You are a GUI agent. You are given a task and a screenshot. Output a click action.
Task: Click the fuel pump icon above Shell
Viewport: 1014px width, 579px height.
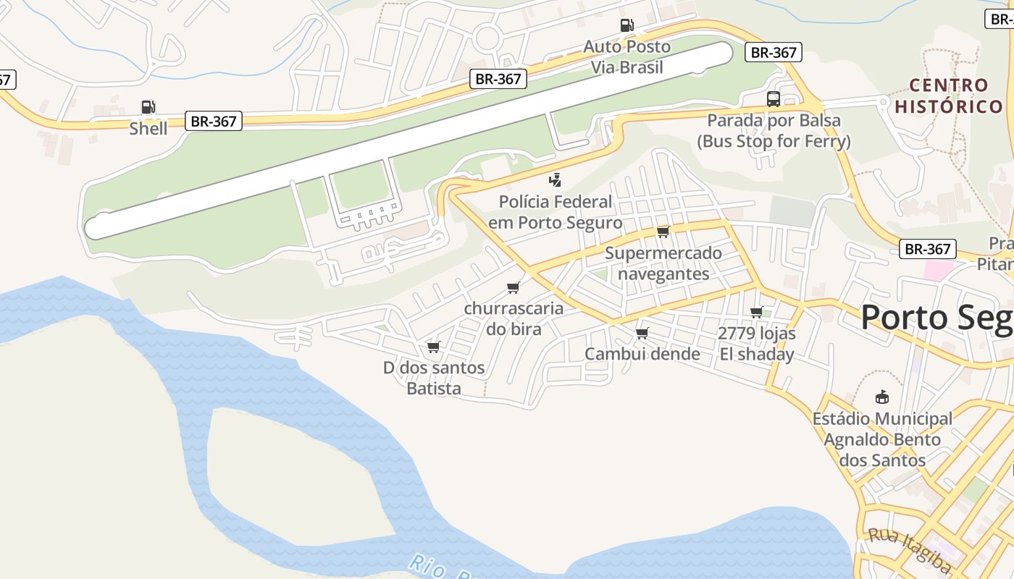coord(148,108)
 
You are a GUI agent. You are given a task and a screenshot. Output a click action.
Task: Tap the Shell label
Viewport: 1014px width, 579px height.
coord(148,129)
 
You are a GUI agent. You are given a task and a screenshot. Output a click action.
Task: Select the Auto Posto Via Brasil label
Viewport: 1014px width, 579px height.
coord(627,57)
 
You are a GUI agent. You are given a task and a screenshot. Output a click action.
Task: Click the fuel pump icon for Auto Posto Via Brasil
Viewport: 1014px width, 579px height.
coord(627,25)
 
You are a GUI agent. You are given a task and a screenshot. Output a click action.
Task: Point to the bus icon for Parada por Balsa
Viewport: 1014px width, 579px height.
coord(773,99)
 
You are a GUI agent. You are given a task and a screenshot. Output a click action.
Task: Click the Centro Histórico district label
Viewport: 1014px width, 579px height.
coord(949,96)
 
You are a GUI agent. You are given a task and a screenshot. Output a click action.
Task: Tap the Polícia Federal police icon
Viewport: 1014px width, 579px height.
coord(556,180)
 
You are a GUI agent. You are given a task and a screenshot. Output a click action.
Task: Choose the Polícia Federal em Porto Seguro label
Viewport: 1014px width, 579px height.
coord(555,212)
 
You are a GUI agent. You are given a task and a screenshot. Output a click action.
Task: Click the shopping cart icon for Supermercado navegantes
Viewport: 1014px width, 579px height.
coord(663,232)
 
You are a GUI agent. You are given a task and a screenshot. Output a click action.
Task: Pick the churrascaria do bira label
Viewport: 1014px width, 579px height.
coord(514,318)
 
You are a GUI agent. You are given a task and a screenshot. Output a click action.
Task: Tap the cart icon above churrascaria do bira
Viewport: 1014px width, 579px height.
coord(514,288)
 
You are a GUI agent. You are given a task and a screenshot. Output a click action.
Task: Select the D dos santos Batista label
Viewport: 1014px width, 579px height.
coord(434,378)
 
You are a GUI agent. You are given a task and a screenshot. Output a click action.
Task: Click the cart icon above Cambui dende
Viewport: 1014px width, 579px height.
coord(642,333)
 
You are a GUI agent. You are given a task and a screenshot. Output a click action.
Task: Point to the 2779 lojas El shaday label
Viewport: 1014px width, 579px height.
coord(757,344)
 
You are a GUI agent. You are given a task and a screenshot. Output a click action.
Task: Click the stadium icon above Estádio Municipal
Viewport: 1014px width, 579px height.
coord(881,397)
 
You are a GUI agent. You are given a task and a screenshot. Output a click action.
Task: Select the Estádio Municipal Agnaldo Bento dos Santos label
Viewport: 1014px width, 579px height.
coord(882,439)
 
